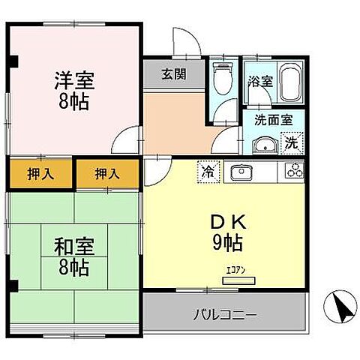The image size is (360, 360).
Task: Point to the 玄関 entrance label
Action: (x=172, y=73)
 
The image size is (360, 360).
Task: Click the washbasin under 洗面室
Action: (x=264, y=145)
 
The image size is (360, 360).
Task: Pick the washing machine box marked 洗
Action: (x=292, y=141)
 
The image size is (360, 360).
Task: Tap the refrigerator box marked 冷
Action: (x=207, y=172)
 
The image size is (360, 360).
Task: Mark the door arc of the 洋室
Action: (x=129, y=137)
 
